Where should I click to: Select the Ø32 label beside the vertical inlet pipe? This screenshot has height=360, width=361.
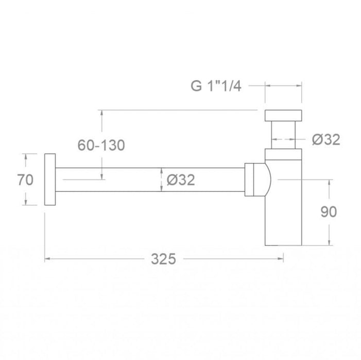click(326, 139)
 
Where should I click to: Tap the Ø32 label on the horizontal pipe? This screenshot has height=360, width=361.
click(181, 180)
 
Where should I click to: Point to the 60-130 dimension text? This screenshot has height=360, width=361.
click(101, 146)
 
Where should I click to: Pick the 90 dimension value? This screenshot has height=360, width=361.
click(329, 211)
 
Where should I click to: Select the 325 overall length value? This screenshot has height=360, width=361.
click(163, 259)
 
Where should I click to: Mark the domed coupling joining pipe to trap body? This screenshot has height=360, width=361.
click(257, 179)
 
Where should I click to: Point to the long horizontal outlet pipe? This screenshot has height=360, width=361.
click(149, 180)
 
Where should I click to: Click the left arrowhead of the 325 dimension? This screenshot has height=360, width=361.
click(48, 259)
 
